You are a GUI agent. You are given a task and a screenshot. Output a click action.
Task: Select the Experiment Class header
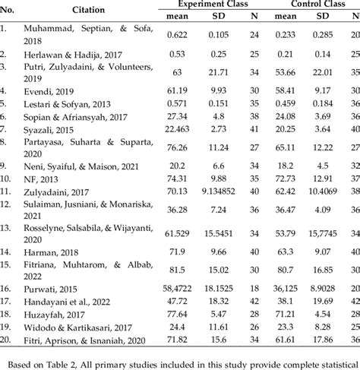tap(216, 5)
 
